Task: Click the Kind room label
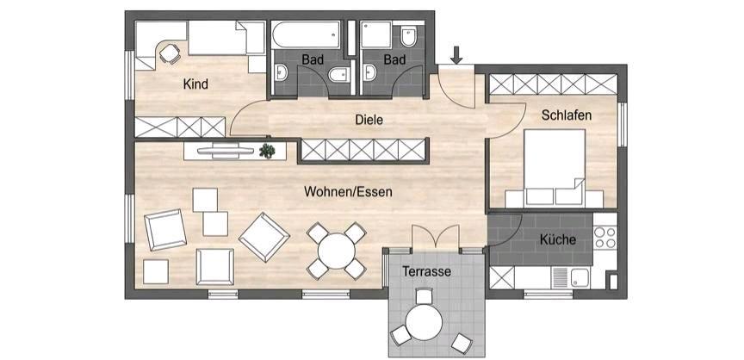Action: [x=195, y=84]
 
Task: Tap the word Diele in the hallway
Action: [x=369, y=120]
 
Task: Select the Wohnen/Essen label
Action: [x=348, y=192]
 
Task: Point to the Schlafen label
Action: [x=567, y=115]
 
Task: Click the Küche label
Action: [x=557, y=239]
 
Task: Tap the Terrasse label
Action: [x=426, y=272]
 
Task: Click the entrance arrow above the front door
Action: [x=456, y=54]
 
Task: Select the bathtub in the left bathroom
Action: [x=306, y=34]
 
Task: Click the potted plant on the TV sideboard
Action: [x=267, y=151]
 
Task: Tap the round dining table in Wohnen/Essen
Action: [x=337, y=251]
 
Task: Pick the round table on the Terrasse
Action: [x=424, y=322]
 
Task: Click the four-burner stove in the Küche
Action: [x=605, y=238]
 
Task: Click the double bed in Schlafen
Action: [x=555, y=169]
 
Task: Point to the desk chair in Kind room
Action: [x=169, y=53]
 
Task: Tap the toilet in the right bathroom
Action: [x=408, y=36]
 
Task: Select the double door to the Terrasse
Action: [x=435, y=237]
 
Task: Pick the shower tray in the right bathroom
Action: [x=375, y=34]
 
